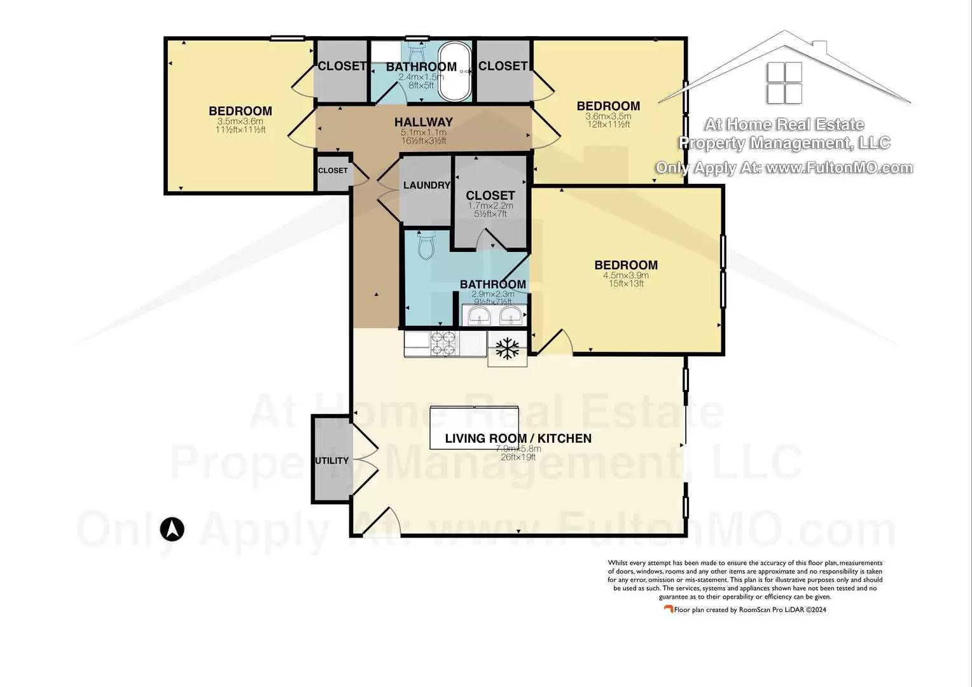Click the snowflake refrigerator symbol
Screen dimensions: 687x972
508,348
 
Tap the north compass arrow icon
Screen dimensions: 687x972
172,529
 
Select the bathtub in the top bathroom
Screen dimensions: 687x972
455,71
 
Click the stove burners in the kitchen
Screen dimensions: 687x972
444,343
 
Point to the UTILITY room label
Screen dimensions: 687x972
331,461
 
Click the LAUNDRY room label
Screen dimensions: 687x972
427,185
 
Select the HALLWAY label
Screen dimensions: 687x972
423,122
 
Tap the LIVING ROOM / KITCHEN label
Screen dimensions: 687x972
518,438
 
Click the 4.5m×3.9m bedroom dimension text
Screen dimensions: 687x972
626,275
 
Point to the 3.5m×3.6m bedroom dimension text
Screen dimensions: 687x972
240,121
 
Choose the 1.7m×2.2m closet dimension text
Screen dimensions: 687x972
490,205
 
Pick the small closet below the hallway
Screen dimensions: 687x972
333,171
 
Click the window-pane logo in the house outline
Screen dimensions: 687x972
784,83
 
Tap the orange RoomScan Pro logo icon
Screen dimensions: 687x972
668,609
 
